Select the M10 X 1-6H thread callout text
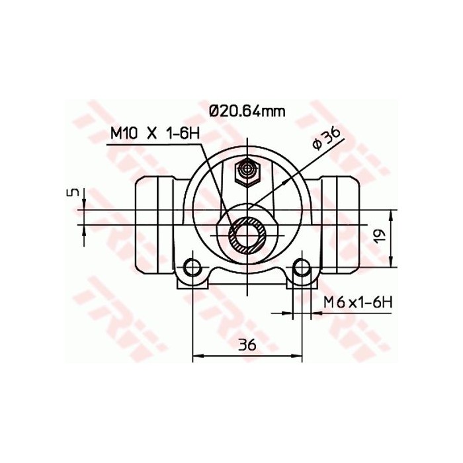[x=155, y=134]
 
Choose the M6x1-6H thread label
[x=358, y=302]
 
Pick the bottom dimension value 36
[x=247, y=345]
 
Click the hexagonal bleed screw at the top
[x=247, y=173]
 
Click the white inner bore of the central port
[x=247, y=235]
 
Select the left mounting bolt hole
[x=192, y=268]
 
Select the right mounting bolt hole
[x=302, y=268]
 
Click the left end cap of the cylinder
[x=148, y=228]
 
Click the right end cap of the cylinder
[x=345, y=228]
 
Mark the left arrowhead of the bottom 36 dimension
[x=196, y=357]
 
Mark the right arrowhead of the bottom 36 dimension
[x=298, y=357]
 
